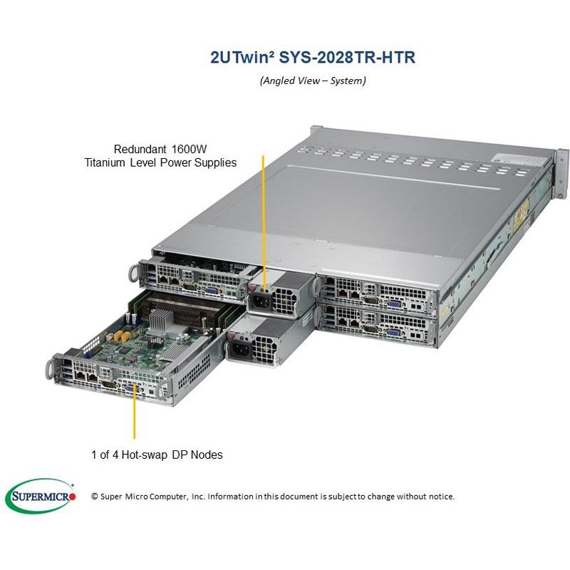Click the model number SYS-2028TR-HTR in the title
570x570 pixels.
coord(347,58)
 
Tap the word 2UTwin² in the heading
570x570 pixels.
coord(242,58)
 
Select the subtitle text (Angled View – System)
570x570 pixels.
coord(313,81)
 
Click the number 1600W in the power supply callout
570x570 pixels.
coord(189,149)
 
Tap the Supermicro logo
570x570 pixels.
coord(41,496)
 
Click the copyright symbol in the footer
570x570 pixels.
coord(95,497)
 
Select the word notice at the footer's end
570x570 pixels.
coord(441,497)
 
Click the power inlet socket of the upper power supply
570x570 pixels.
coord(261,301)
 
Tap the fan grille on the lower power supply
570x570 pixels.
coord(264,349)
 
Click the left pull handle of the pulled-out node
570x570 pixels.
coord(50,369)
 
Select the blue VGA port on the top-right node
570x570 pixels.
coord(394,304)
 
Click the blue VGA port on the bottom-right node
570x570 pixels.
coord(393,333)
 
